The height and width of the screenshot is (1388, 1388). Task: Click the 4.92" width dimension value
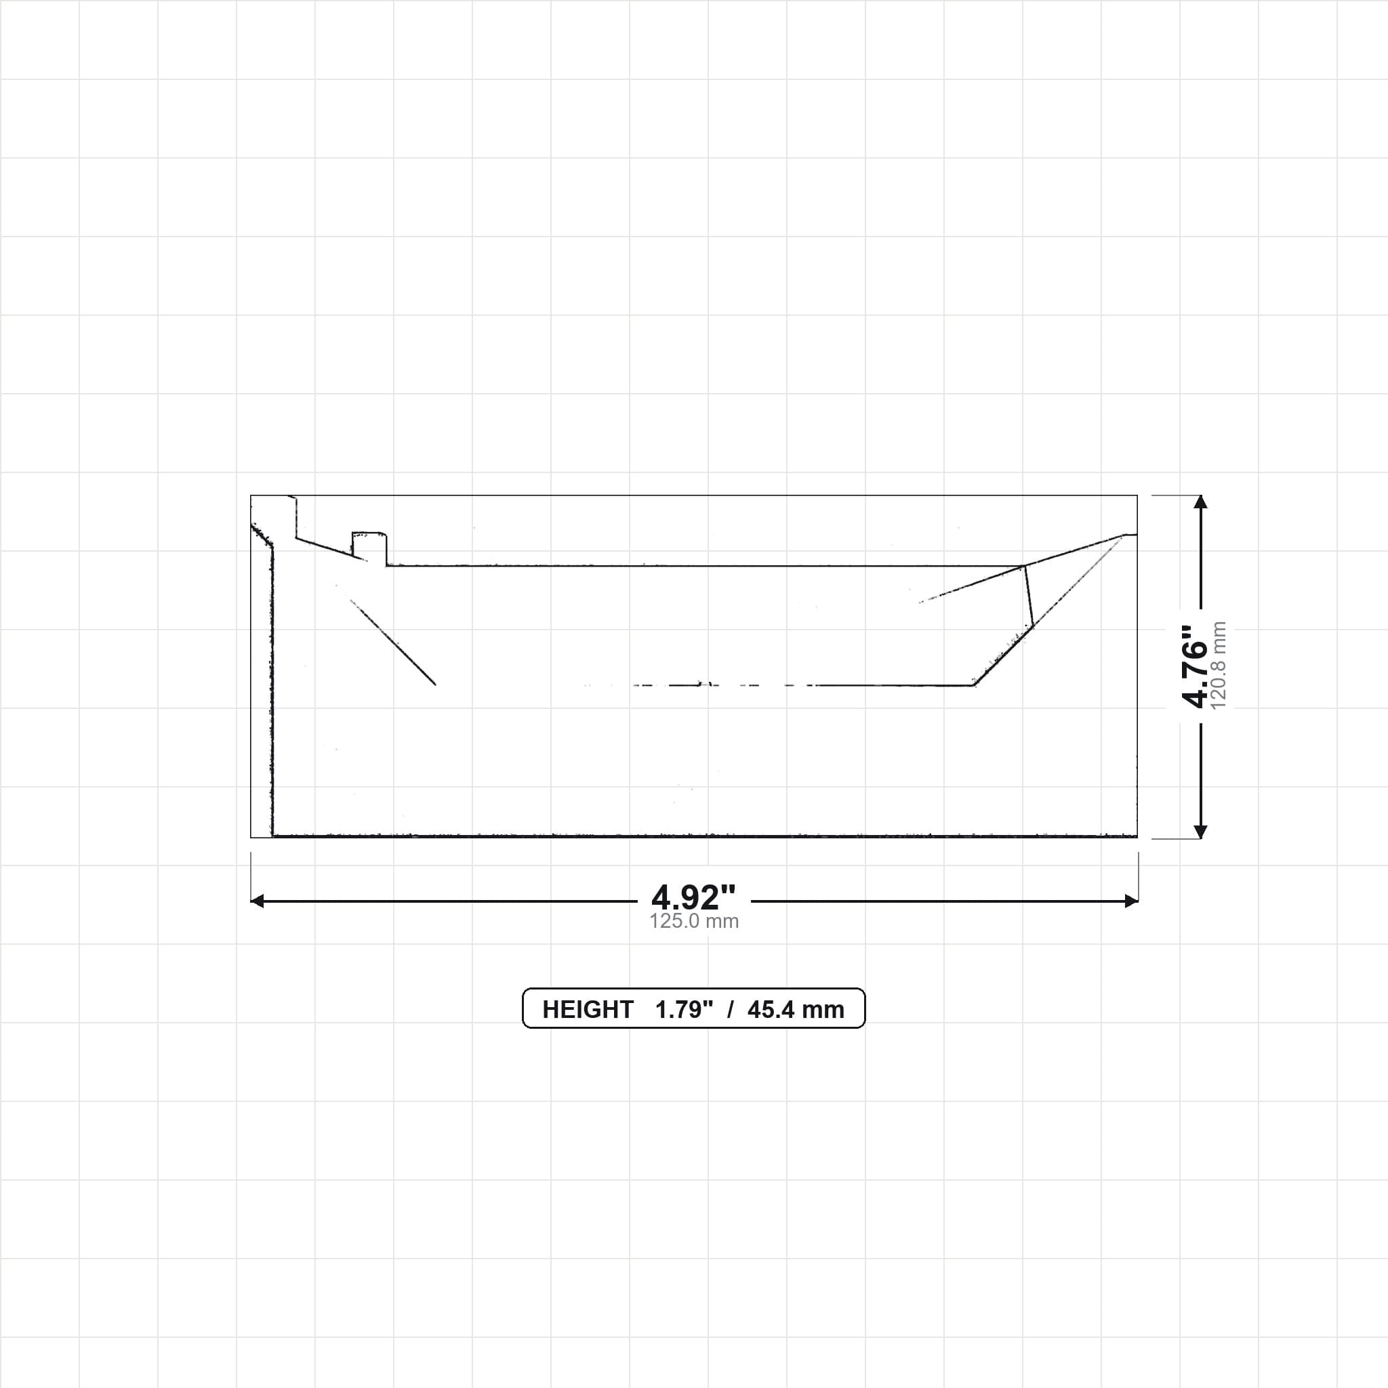point(693,897)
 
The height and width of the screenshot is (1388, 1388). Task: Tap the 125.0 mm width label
point(694,921)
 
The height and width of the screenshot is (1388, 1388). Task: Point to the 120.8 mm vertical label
point(1219,666)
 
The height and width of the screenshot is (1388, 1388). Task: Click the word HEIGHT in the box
point(588,1009)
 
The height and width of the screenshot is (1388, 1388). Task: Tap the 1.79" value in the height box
point(684,1009)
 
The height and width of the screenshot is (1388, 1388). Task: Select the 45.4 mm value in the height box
point(795,1009)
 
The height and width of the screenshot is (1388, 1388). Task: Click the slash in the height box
point(731,1009)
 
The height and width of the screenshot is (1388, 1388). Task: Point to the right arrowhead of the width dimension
point(1132,901)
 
